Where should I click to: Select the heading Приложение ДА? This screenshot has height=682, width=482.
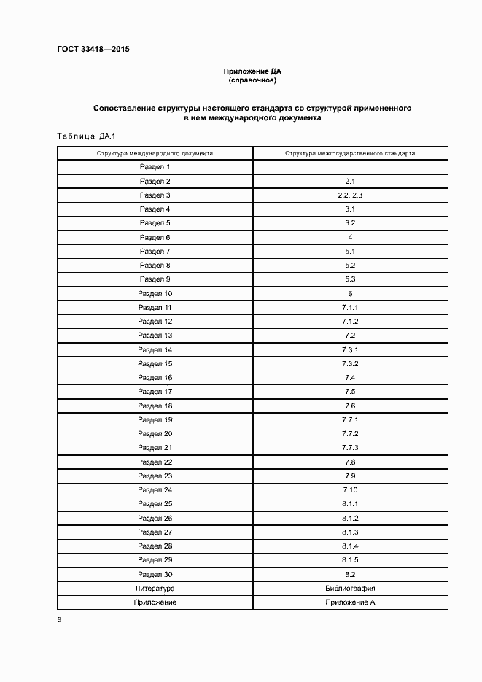pyautogui.click(x=252, y=71)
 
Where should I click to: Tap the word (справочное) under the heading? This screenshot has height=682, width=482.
pyautogui.click(x=252, y=80)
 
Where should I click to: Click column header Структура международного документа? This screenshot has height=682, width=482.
pyautogui.click(x=155, y=154)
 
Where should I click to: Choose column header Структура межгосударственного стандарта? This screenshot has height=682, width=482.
pyautogui.click(x=350, y=154)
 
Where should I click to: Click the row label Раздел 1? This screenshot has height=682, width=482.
pyautogui.click(x=155, y=167)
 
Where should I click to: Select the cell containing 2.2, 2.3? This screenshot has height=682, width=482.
pyautogui.click(x=350, y=195)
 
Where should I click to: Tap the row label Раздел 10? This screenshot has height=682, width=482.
pyautogui.click(x=155, y=294)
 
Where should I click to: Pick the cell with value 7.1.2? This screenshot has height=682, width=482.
pyautogui.click(x=350, y=322)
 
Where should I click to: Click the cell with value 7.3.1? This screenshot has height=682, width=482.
pyautogui.click(x=350, y=350)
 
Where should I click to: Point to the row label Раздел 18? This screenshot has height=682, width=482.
pyautogui.click(x=155, y=406)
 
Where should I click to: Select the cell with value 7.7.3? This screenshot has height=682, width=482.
pyautogui.click(x=350, y=448)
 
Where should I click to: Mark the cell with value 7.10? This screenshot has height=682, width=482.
pyautogui.click(x=350, y=490)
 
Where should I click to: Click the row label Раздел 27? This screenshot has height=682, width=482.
pyautogui.click(x=155, y=532)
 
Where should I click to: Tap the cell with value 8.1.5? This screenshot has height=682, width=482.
pyautogui.click(x=350, y=560)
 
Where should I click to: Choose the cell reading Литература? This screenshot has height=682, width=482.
pyautogui.click(x=155, y=588)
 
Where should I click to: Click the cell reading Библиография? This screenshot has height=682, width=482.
pyautogui.click(x=350, y=588)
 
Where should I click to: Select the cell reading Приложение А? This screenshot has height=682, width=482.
pyautogui.click(x=350, y=602)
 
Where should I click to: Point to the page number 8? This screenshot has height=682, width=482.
pyautogui.click(x=58, y=620)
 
